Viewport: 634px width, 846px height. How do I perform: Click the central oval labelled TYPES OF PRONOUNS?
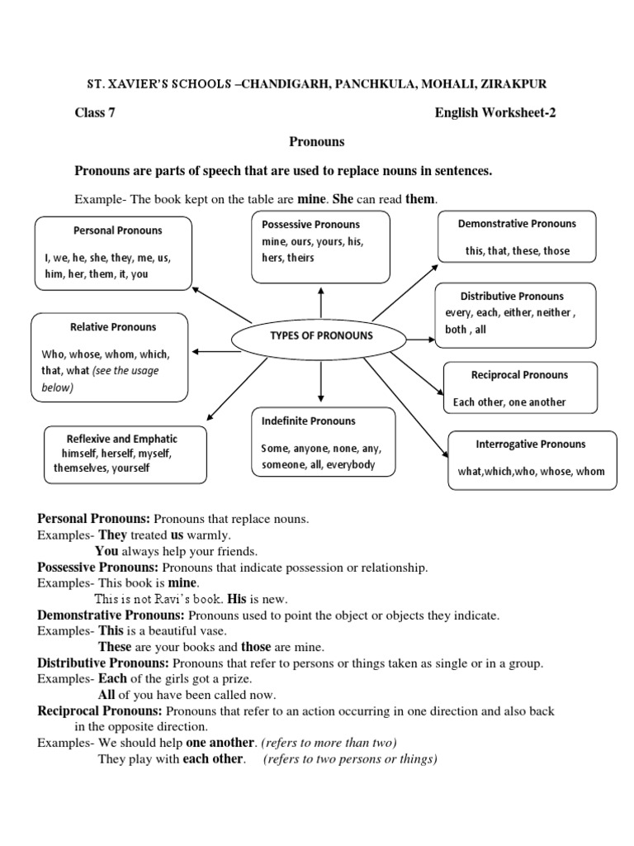tap(321, 335)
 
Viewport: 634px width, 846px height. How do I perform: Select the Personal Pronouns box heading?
tap(117, 231)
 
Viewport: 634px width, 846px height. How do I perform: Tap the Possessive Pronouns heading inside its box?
tap(310, 224)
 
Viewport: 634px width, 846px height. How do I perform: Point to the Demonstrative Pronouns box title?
tap(517, 223)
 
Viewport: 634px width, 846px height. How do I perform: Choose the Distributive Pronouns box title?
tap(512, 296)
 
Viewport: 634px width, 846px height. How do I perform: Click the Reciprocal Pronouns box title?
tap(519, 375)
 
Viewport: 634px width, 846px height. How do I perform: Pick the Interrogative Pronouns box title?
tap(531, 444)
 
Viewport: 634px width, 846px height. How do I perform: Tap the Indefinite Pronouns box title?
tap(308, 421)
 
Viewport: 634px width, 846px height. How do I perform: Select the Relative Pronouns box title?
tap(111, 327)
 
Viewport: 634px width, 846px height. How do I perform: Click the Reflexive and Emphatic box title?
tap(122, 439)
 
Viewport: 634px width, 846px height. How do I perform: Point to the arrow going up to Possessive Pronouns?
tap(320, 302)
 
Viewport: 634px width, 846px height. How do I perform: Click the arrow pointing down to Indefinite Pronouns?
tap(320, 380)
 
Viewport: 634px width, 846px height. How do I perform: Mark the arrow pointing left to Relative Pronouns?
tap(216, 351)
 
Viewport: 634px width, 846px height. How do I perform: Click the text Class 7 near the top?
tap(95, 114)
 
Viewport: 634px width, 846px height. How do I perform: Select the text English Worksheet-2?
tap(495, 114)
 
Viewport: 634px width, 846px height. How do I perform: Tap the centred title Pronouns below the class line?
tap(316, 142)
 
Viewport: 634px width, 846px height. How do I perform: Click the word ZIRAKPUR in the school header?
tap(512, 84)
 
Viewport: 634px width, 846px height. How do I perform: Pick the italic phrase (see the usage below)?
tap(104, 378)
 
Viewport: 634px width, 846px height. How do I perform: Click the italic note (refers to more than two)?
tap(329, 742)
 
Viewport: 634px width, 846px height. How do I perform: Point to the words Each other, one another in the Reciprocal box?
tap(509, 402)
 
